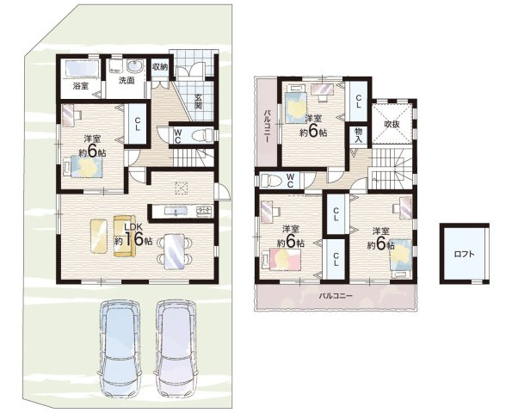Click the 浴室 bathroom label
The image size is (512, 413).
point(80,87)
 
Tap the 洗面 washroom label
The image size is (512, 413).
point(126,80)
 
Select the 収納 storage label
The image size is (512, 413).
point(160,67)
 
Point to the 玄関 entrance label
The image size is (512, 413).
point(198,102)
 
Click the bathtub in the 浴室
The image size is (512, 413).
point(82,69)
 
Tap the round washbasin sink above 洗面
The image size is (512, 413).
point(134,66)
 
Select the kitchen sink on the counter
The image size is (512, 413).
point(176,211)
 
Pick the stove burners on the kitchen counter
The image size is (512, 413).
point(205,211)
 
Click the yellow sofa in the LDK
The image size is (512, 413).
point(124,236)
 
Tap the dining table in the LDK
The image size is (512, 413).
point(175,251)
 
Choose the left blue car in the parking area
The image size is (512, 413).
point(120,348)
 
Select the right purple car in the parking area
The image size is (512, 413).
point(176,348)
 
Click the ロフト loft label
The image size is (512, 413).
point(464,255)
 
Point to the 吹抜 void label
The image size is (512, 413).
point(392,125)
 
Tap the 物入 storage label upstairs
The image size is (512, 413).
point(359,135)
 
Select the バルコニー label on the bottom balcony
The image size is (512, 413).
point(336,297)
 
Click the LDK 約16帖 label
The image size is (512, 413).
point(133,236)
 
